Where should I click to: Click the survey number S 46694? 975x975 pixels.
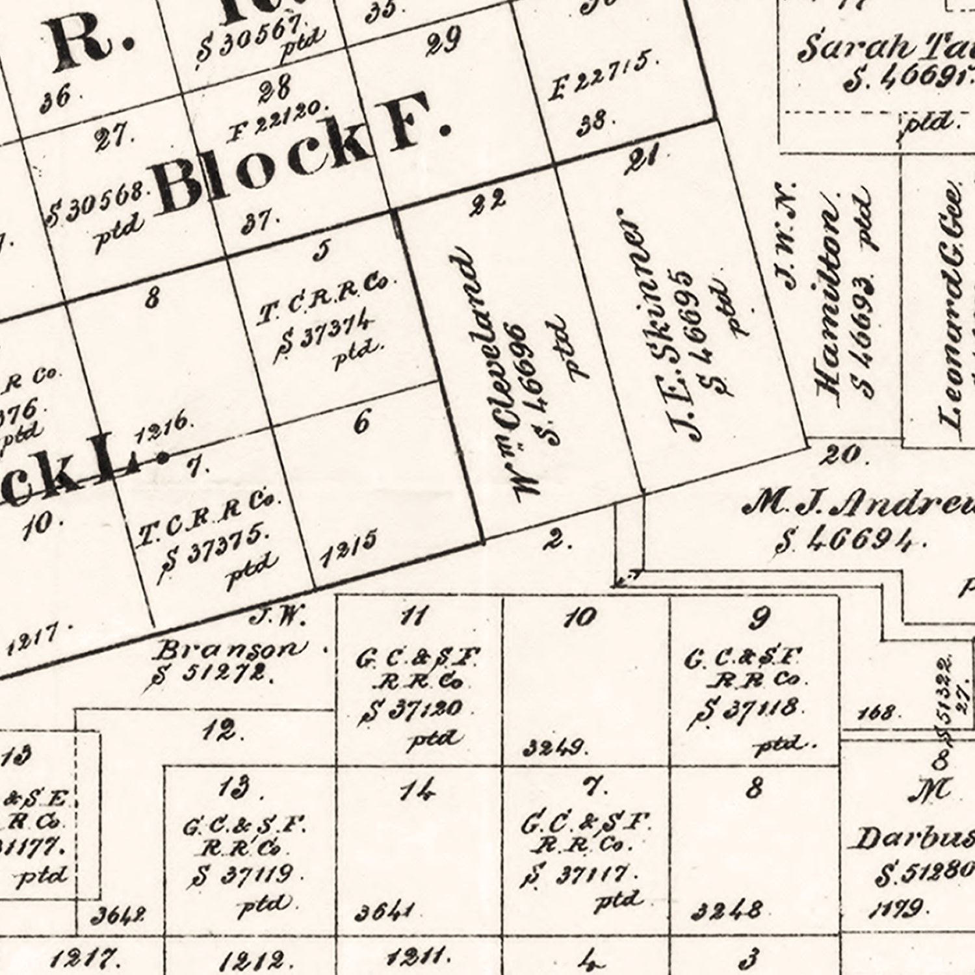[851, 539]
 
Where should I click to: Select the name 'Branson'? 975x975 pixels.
[233, 648]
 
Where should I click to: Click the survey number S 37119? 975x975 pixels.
[244, 876]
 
